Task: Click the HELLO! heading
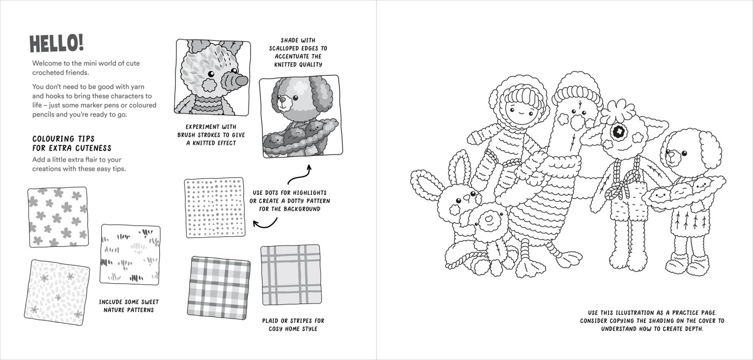56,43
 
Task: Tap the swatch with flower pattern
58,217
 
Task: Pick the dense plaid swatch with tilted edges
219,287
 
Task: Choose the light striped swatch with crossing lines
290,275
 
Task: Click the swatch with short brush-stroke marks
130,255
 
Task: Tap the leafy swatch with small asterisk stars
56,292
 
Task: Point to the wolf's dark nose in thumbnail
241,80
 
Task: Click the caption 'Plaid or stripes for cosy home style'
293,324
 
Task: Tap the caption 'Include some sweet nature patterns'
129,306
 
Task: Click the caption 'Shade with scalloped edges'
298,52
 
